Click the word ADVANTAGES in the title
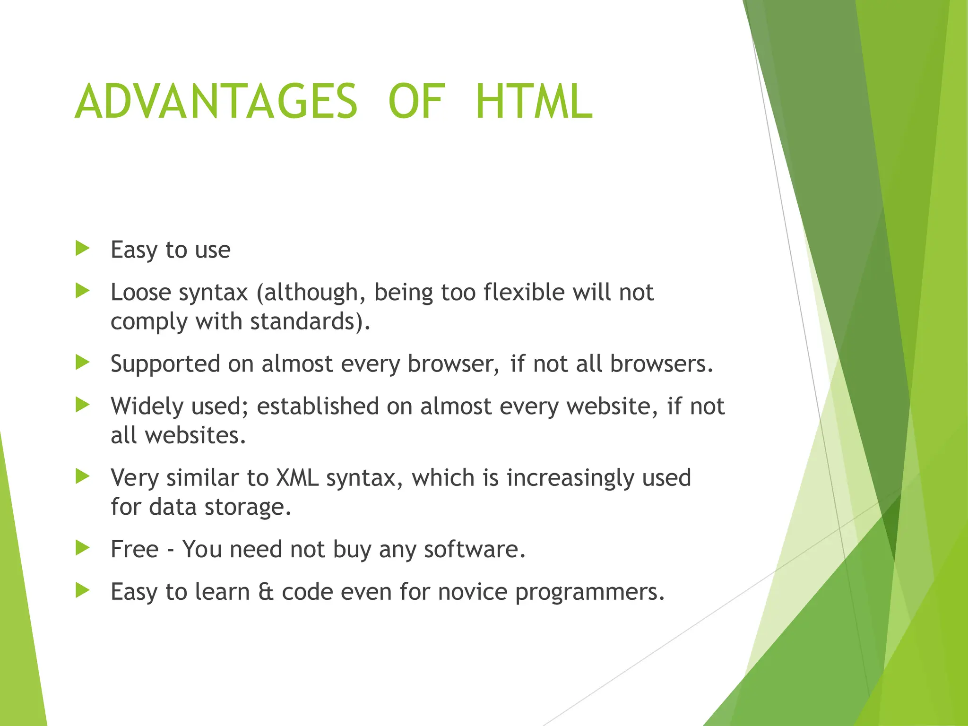[x=216, y=102]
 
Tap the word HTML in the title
[x=534, y=102]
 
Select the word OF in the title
[x=416, y=102]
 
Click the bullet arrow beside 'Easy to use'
[x=82, y=248]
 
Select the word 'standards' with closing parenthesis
[x=310, y=321]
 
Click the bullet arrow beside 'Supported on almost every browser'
[x=82, y=363]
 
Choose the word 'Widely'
[x=144, y=407]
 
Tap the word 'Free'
[x=134, y=549]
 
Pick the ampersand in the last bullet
[x=266, y=592]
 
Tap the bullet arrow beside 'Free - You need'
[x=82, y=548]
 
